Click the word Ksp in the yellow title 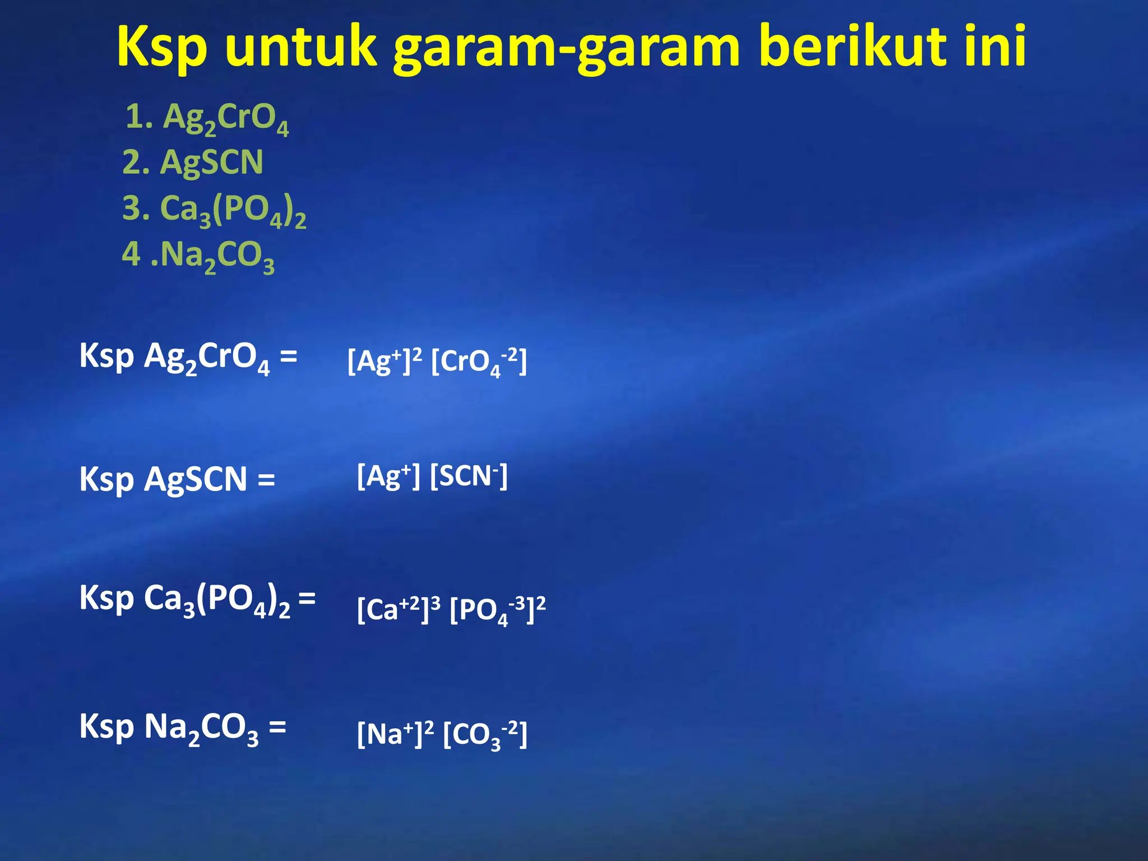163,48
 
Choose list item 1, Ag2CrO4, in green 207,118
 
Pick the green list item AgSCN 193,163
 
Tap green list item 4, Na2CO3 198,256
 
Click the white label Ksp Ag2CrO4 174,358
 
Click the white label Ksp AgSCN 163,480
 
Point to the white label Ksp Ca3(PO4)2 185,599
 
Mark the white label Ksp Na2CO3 168,728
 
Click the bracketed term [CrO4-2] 479,362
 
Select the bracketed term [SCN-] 469,476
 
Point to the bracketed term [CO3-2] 485,735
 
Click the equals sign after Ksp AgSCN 266,480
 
